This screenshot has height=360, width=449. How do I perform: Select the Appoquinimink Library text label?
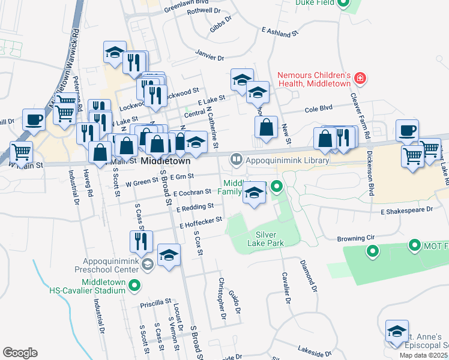click(288, 160)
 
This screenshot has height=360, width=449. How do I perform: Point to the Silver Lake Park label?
click(265, 239)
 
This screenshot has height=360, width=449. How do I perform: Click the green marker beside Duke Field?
click(343, 3)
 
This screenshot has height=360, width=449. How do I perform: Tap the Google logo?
click(20, 353)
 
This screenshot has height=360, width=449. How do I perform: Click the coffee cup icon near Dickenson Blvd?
click(407, 130)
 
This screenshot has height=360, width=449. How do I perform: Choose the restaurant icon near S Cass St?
click(141, 241)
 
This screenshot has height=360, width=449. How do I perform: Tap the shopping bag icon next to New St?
click(266, 127)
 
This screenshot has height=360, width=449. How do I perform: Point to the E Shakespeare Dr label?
click(406, 211)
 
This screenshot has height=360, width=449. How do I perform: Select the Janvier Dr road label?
click(209, 55)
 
